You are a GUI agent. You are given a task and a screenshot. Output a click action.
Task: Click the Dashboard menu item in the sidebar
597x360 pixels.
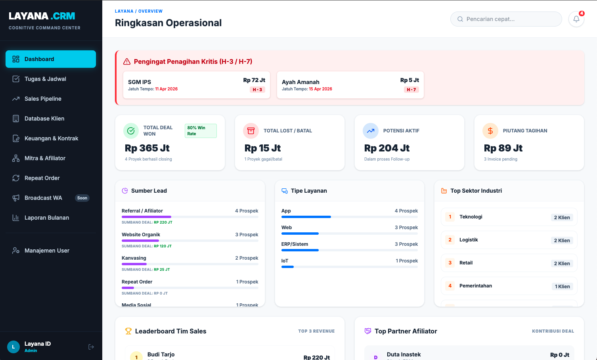50,59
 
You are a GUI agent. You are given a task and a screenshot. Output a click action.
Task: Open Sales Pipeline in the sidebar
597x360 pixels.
43,99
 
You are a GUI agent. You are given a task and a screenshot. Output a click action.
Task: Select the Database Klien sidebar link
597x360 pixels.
44,119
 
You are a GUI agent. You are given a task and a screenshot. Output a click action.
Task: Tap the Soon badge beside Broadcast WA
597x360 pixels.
82,198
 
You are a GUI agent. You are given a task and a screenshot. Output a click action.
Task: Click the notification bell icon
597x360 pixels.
576,19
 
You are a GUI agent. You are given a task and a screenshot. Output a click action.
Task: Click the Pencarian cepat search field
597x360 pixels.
506,19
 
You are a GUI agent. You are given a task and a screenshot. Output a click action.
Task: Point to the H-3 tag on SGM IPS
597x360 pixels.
257,90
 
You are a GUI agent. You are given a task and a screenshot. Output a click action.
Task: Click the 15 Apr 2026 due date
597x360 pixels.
320,89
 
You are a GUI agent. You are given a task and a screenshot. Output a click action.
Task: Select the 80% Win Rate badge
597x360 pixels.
201,131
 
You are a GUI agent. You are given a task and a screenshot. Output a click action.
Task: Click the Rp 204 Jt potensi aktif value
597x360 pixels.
387,148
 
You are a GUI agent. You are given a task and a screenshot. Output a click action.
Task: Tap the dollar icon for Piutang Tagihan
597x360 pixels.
490,131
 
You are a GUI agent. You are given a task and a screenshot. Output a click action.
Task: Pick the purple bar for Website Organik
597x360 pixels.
140,241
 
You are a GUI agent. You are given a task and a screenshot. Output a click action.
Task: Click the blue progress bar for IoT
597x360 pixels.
287,267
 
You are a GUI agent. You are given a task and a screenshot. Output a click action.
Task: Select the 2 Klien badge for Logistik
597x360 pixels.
562,241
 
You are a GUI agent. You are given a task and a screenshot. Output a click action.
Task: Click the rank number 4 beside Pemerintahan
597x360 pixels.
450,286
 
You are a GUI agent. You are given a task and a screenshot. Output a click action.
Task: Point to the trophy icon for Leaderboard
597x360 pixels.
128,331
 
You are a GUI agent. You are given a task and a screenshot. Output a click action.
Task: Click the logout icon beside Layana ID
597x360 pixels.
91,347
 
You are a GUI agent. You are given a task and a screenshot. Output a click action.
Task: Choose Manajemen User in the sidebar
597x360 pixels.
47,251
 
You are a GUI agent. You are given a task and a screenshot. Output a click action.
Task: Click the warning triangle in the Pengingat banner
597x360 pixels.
127,61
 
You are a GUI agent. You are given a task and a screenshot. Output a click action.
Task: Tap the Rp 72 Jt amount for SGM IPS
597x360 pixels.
254,80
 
